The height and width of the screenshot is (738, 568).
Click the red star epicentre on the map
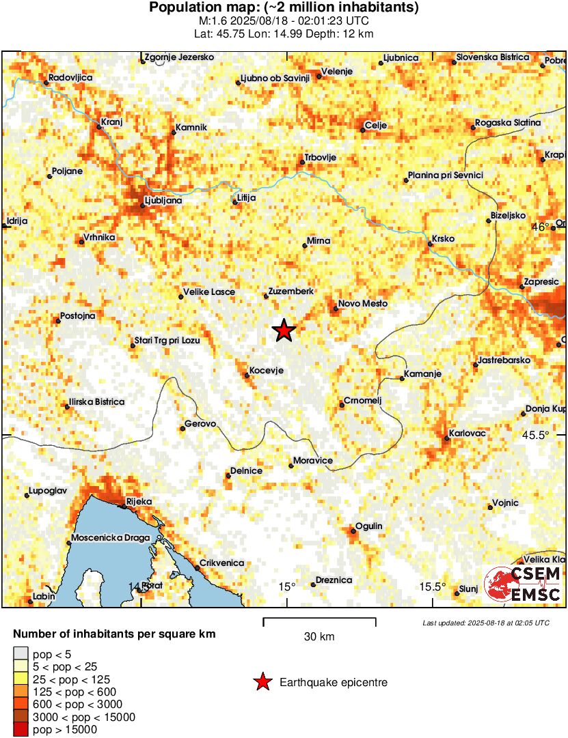pos(284,330)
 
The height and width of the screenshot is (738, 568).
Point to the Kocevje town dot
pos(247,375)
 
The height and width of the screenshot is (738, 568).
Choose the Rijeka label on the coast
pos(139,502)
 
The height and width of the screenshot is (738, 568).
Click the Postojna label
pos(78,315)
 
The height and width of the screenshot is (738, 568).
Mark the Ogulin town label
pos(369,526)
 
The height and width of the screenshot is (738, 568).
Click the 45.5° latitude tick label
pos(550,435)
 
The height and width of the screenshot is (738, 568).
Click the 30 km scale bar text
pos(319,637)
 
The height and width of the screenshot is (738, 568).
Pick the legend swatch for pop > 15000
pos(21,730)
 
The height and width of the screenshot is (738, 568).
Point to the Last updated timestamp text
pos(485,623)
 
